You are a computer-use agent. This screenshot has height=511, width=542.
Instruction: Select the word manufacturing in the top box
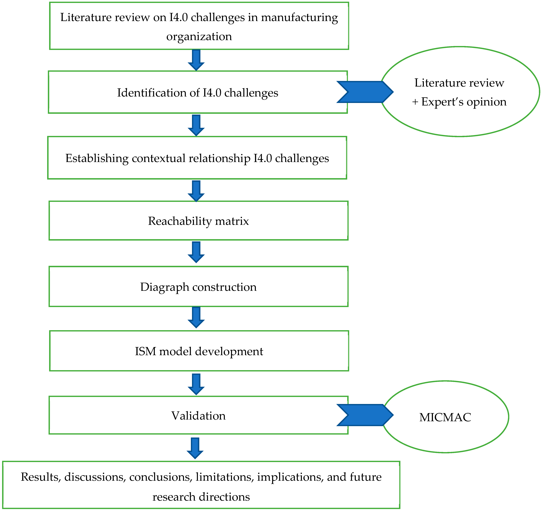click(299, 17)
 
